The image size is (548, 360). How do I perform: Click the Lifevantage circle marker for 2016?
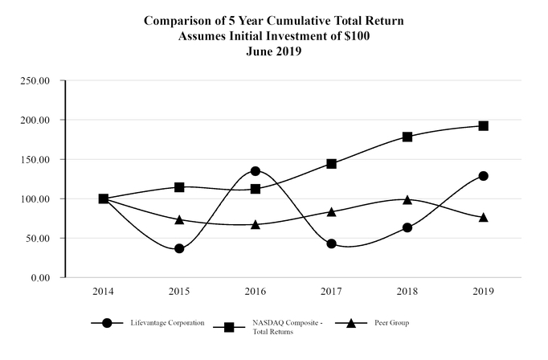coord(256,171)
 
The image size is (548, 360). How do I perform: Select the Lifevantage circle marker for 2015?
coord(179,248)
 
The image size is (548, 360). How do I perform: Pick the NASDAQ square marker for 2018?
coord(407,137)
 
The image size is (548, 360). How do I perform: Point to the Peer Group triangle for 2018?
coord(407,199)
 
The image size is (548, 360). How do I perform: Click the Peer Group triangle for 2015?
coord(179,219)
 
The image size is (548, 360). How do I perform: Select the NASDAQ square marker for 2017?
coord(331,164)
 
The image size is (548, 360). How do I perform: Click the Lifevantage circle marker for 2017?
coord(331,243)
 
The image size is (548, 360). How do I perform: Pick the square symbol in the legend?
coord(229,327)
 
